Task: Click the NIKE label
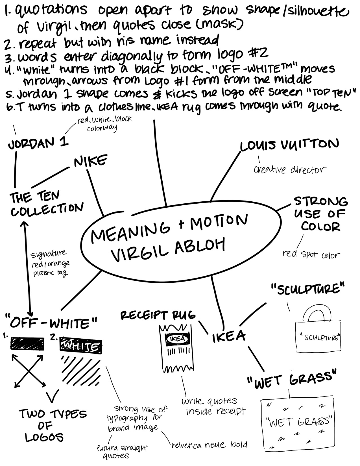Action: [x=90, y=161]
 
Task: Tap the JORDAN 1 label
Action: [x=38, y=143]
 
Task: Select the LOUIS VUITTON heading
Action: [x=289, y=145]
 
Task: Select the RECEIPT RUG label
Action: [x=158, y=315]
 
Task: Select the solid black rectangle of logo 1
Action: [x=27, y=344]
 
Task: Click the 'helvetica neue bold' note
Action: [x=209, y=445]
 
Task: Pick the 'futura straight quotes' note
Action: [x=121, y=451]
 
